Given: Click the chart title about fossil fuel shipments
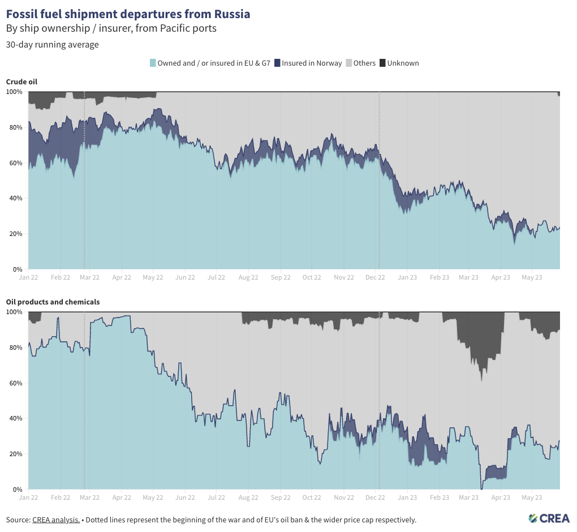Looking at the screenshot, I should [x=128, y=14].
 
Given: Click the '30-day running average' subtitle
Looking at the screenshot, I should [x=53, y=45].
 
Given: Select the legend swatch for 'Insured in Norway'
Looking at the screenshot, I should [x=277, y=63].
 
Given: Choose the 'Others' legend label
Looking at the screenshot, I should [x=364, y=63].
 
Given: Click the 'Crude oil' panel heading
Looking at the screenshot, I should [x=22, y=81].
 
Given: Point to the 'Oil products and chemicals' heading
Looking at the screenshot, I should [x=53, y=302].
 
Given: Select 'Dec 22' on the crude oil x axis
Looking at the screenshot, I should [x=375, y=278].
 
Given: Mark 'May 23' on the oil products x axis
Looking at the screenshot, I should [x=532, y=498].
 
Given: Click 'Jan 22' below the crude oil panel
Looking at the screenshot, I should [x=28, y=278].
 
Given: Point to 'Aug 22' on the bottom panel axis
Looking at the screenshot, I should [x=249, y=498].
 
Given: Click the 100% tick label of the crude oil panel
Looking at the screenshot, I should [x=14, y=92].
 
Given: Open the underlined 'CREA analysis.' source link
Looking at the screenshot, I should [x=56, y=520].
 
